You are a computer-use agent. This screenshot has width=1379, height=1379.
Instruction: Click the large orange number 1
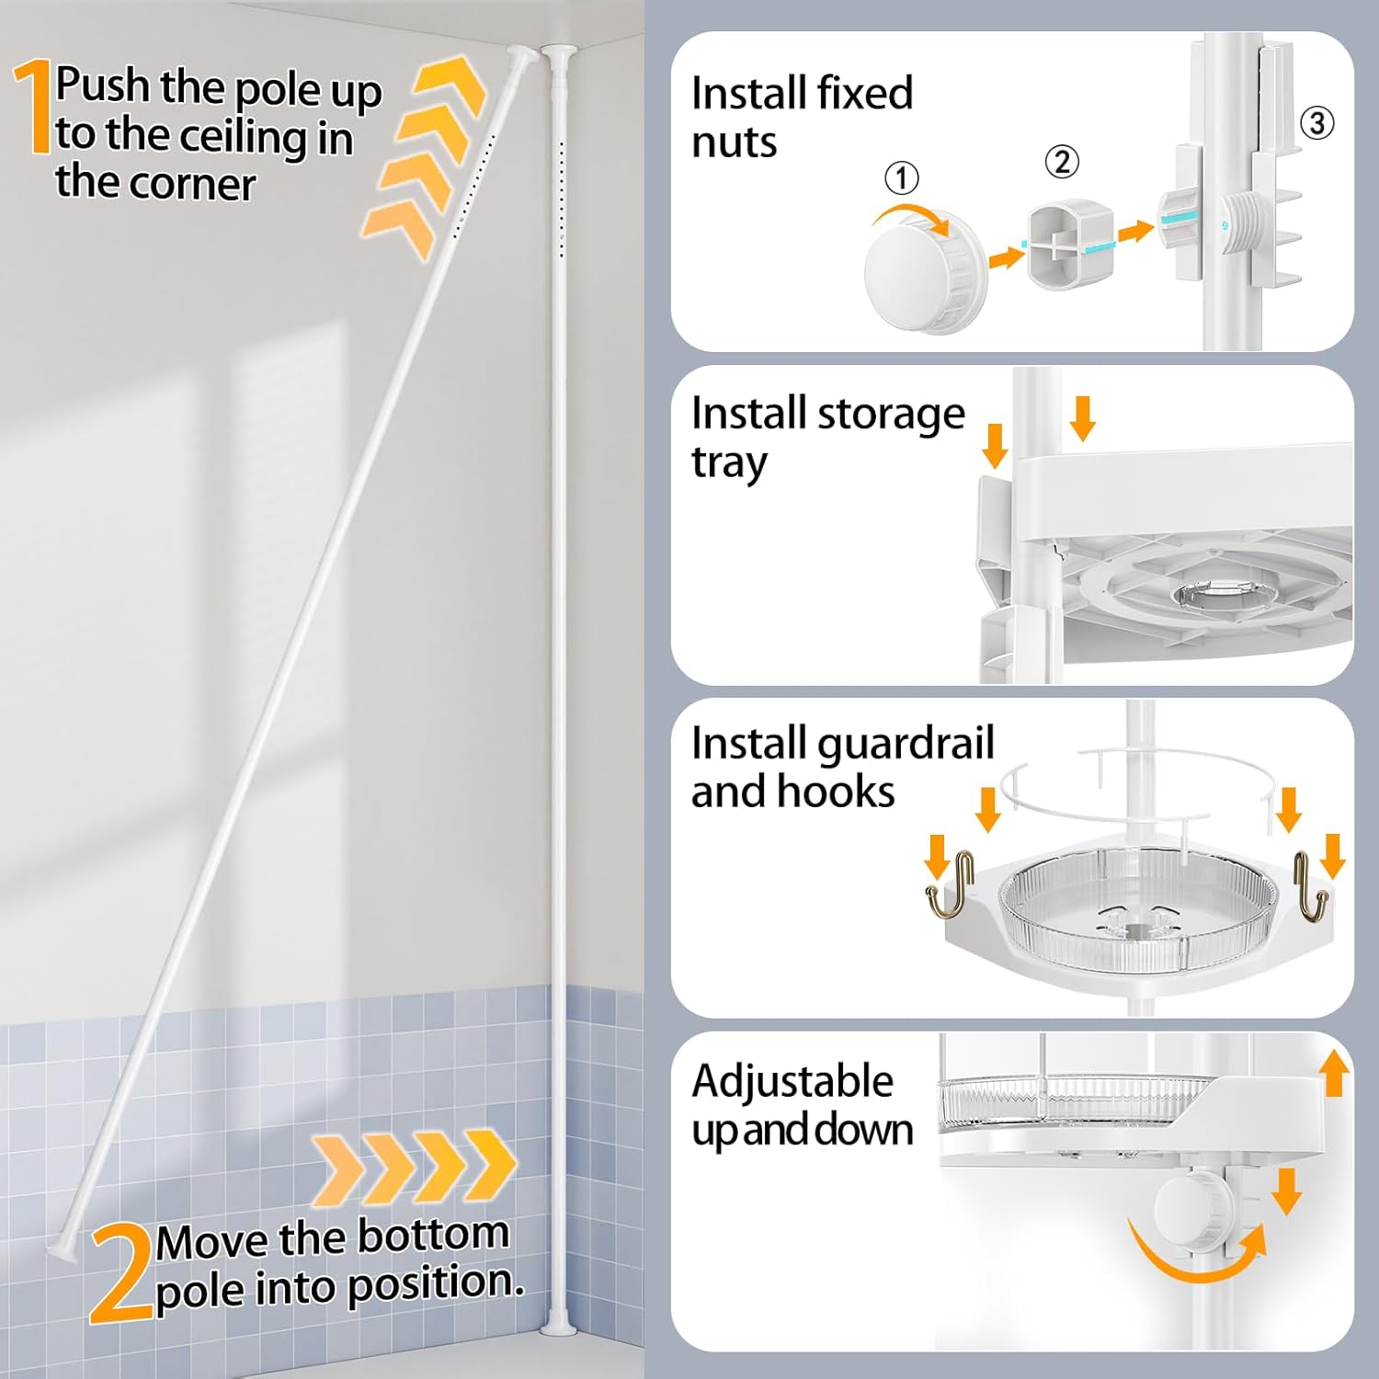(34, 107)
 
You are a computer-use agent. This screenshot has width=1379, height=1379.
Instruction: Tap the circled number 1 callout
(901, 177)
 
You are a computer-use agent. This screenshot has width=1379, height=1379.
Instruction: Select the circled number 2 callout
(1062, 162)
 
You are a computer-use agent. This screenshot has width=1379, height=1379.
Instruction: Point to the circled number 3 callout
(1316, 122)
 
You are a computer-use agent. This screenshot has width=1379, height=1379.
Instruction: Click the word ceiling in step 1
(243, 137)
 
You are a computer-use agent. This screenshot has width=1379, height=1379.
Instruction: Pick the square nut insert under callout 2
(1069, 246)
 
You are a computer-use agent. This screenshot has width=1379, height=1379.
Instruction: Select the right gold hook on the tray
(1309, 887)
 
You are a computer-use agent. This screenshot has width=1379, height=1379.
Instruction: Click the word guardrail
(905, 744)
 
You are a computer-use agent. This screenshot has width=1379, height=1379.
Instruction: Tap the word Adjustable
(792, 1081)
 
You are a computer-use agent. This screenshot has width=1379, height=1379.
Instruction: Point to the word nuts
(734, 142)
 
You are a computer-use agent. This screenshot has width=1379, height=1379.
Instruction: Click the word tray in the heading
(729, 462)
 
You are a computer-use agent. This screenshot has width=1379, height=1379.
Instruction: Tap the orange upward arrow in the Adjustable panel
(1334, 1074)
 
